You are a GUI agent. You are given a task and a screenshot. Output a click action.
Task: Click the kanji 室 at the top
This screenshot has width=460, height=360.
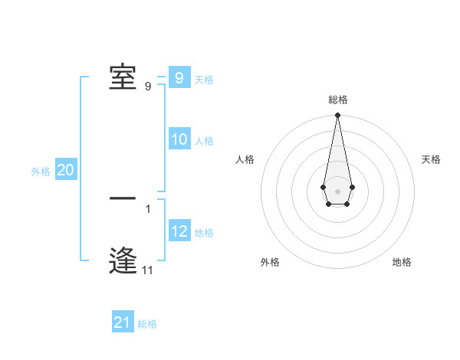point(123,77)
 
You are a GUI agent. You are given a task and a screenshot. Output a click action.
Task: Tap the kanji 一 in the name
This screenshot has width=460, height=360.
point(123,198)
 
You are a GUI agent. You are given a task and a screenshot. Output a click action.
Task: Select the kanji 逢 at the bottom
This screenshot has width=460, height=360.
point(123,260)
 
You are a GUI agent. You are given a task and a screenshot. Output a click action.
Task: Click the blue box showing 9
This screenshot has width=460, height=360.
point(179,77)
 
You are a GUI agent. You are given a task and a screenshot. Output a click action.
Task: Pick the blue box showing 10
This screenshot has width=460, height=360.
point(179,139)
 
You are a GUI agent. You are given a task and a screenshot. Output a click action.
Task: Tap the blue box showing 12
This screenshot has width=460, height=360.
point(179,231)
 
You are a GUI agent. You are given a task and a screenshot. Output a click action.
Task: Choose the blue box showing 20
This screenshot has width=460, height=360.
point(65,170)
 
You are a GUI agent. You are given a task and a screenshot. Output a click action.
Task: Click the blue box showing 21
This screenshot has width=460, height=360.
point(123,322)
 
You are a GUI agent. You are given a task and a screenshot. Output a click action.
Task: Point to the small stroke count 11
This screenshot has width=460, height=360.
point(147,270)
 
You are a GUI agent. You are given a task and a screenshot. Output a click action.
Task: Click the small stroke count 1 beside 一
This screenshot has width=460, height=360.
point(147,208)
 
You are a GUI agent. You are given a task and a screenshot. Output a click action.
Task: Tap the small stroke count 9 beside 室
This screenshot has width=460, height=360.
point(148,87)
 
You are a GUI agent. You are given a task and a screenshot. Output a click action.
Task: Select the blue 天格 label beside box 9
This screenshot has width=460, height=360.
point(204,79)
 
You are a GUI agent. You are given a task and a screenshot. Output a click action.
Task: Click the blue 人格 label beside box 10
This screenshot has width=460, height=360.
point(204,141)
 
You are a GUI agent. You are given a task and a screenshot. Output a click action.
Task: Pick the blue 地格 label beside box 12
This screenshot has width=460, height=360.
point(204,233)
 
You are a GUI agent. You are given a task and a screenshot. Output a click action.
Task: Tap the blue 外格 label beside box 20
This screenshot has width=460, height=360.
point(41,172)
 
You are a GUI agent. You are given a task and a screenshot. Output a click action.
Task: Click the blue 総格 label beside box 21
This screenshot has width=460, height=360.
point(147,324)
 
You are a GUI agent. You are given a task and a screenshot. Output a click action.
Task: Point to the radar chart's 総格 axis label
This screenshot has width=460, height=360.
point(338,100)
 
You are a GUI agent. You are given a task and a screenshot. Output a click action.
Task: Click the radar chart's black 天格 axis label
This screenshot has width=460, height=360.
point(431,159)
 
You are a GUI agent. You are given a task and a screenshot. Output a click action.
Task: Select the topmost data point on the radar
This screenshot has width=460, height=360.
point(337,116)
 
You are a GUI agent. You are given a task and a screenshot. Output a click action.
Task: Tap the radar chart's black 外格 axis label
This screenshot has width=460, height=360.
point(270,262)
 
